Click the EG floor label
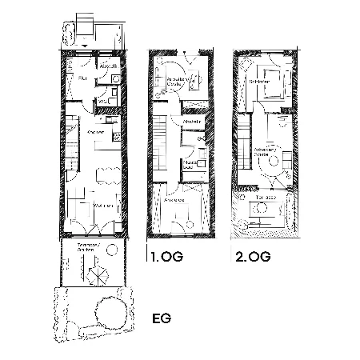coord(162,318)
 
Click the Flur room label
coord(82,78)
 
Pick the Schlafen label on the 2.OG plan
coord(258,82)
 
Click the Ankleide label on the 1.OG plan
coord(174,200)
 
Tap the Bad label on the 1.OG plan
coord(190,165)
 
